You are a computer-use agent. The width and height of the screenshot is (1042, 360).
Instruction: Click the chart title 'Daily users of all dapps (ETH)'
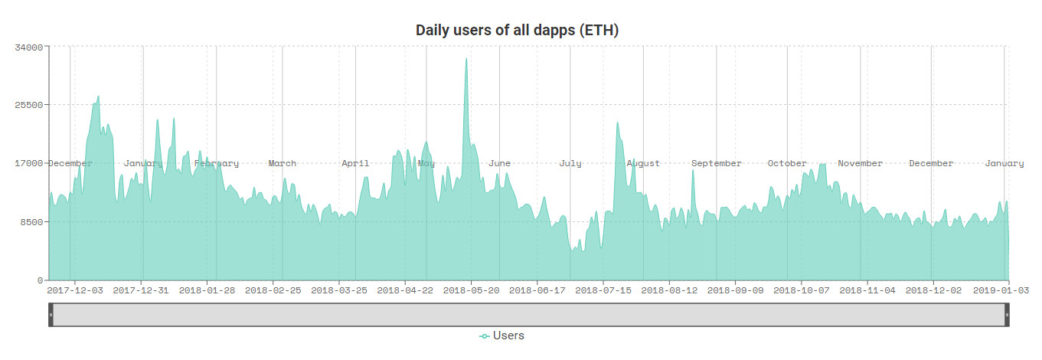click(x=517, y=31)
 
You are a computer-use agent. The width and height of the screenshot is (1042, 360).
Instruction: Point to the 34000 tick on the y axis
click(x=28, y=47)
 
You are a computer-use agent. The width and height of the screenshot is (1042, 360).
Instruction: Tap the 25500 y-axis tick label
click(x=28, y=105)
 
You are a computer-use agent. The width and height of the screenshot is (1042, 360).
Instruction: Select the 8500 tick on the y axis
click(x=31, y=222)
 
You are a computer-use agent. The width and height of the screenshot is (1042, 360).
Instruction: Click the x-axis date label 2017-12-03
click(x=75, y=290)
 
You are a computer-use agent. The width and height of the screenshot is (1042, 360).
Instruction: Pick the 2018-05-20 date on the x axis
click(x=471, y=290)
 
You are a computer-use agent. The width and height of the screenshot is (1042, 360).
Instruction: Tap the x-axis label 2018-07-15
click(x=603, y=290)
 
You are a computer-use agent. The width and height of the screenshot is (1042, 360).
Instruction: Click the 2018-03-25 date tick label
click(x=339, y=290)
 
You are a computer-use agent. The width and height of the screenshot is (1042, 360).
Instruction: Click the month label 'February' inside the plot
click(x=217, y=163)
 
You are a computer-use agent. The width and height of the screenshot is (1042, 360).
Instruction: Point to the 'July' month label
click(x=570, y=163)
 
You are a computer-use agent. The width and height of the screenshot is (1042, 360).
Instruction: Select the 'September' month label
click(x=717, y=163)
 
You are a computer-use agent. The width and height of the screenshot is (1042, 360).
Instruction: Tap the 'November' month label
click(x=860, y=163)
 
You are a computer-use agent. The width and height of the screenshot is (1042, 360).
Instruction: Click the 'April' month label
click(x=355, y=163)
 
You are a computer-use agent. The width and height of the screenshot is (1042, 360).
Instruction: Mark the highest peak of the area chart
click(x=465, y=59)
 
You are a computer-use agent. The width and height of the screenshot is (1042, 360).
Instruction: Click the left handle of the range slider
click(x=51, y=315)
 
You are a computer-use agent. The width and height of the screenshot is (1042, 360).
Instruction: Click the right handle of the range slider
click(x=1007, y=315)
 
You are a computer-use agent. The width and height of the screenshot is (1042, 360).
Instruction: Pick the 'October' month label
click(x=787, y=163)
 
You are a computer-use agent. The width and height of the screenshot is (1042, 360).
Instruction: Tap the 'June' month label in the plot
click(x=499, y=163)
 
